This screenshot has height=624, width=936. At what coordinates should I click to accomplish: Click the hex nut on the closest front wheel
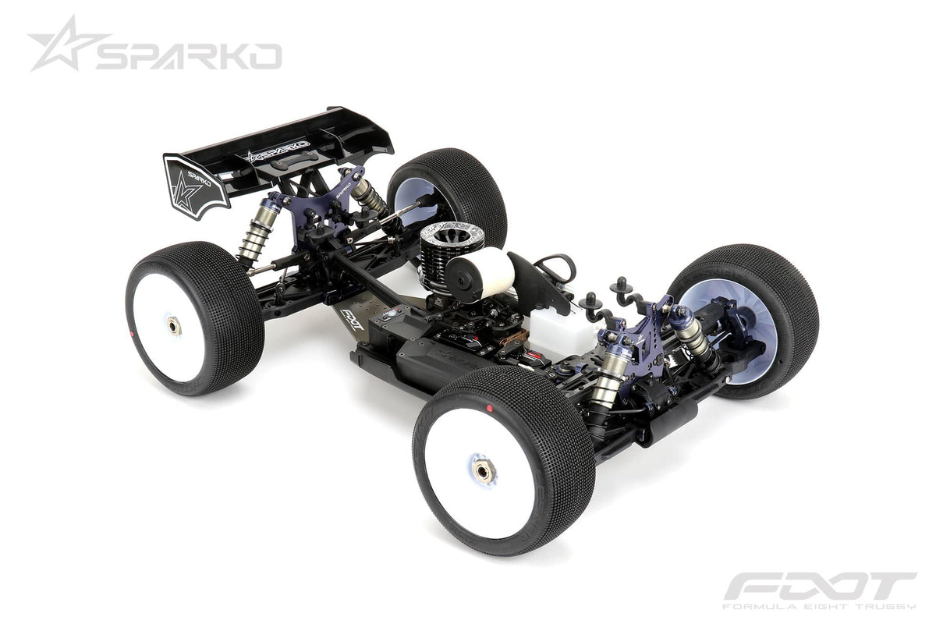[484, 471]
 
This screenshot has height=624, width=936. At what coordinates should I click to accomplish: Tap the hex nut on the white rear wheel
[173, 327]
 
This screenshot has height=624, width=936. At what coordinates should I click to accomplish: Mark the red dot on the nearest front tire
[489, 408]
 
